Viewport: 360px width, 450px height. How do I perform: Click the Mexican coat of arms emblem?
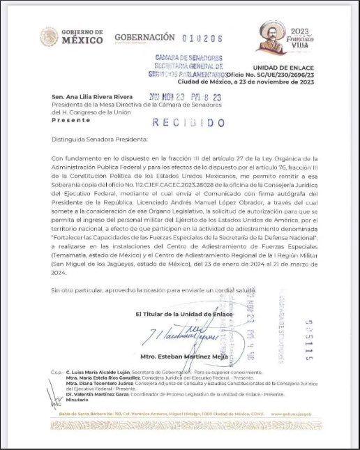(50, 37)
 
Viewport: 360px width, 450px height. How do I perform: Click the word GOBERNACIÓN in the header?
(144, 37)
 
